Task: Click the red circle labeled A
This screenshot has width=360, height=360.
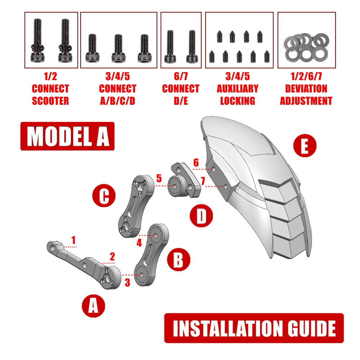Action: click(x=93, y=306)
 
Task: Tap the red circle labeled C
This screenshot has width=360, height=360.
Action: click(x=104, y=197)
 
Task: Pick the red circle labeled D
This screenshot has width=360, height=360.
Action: click(x=202, y=217)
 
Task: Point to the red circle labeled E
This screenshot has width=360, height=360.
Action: click(x=304, y=147)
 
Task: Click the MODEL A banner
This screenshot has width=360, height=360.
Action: click(x=67, y=136)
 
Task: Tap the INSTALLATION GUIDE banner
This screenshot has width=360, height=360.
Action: click(x=254, y=328)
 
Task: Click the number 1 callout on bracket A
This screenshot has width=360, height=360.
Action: click(x=73, y=240)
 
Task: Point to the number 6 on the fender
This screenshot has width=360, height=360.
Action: click(x=196, y=163)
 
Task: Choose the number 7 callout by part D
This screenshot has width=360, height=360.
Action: click(x=203, y=182)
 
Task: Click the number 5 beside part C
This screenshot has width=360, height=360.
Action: click(x=159, y=178)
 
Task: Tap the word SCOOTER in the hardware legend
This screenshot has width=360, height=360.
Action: click(x=50, y=101)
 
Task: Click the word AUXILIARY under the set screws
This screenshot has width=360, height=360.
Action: click(x=238, y=89)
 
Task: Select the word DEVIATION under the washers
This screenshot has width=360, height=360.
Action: click(x=306, y=89)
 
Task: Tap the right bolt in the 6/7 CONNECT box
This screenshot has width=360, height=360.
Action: click(x=191, y=47)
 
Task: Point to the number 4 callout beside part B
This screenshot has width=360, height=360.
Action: click(x=139, y=243)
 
